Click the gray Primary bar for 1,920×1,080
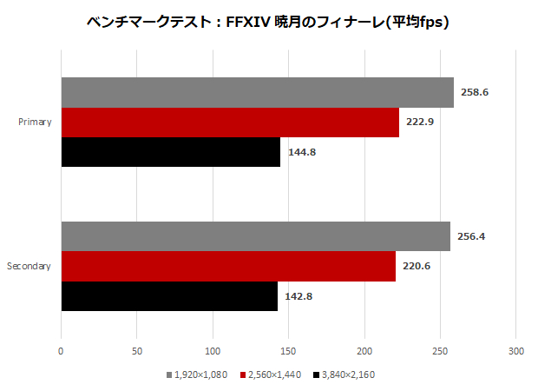click(257, 93)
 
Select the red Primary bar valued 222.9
click(230, 122)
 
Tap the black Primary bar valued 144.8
click(170, 151)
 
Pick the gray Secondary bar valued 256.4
click(255, 236)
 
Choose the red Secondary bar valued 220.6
click(228, 266)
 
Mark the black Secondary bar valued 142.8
click(169, 295)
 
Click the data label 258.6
click(473, 92)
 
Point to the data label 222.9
click(419, 122)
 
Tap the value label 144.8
click(301, 151)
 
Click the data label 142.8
click(298, 295)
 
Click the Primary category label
click(35, 122)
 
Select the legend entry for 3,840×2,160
click(344, 374)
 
